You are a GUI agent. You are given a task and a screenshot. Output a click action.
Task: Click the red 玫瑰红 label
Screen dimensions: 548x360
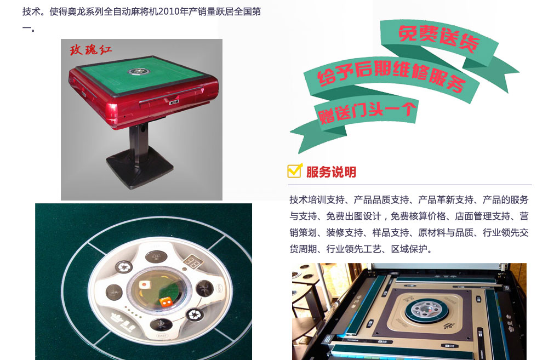click(x=90, y=50)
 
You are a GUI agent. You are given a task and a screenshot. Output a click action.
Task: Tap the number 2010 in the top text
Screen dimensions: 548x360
click(x=169, y=12)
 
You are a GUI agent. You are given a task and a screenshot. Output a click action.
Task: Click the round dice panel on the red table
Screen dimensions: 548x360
click(x=139, y=72)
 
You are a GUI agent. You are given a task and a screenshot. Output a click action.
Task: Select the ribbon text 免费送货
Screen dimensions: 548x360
click(x=438, y=38)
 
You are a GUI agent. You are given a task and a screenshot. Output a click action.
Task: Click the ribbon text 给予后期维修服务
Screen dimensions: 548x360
click(x=391, y=76)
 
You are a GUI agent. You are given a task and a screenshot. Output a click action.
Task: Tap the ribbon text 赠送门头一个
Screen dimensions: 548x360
click(x=367, y=112)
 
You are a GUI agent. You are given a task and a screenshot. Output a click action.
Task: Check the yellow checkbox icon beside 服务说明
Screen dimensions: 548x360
click(x=295, y=170)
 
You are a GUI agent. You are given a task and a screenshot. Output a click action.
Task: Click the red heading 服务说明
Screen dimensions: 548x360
click(x=331, y=172)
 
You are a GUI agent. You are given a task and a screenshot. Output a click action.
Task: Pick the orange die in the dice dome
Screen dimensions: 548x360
click(x=165, y=301)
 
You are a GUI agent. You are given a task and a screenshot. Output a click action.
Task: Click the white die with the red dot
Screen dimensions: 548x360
click(x=144, y=284)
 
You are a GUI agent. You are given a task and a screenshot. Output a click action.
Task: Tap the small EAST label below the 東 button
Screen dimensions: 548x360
click(x=162, y=335)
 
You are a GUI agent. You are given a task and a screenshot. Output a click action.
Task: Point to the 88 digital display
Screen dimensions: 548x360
click(x=191, y=262)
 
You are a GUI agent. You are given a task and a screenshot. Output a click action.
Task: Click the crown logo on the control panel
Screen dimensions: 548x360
click(x=117, y=317)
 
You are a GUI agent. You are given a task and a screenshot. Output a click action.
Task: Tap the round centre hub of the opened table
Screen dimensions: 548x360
click(x=426, y=309)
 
